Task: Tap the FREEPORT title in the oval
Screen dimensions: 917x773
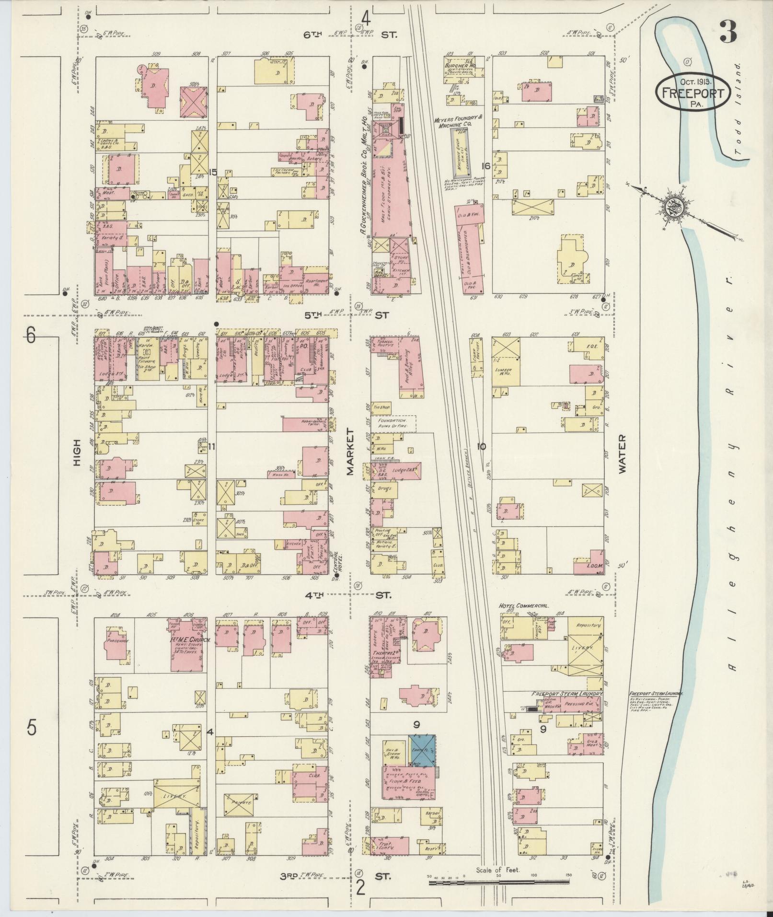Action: (693, 93)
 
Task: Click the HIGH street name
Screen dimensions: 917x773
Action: (77, 453)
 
